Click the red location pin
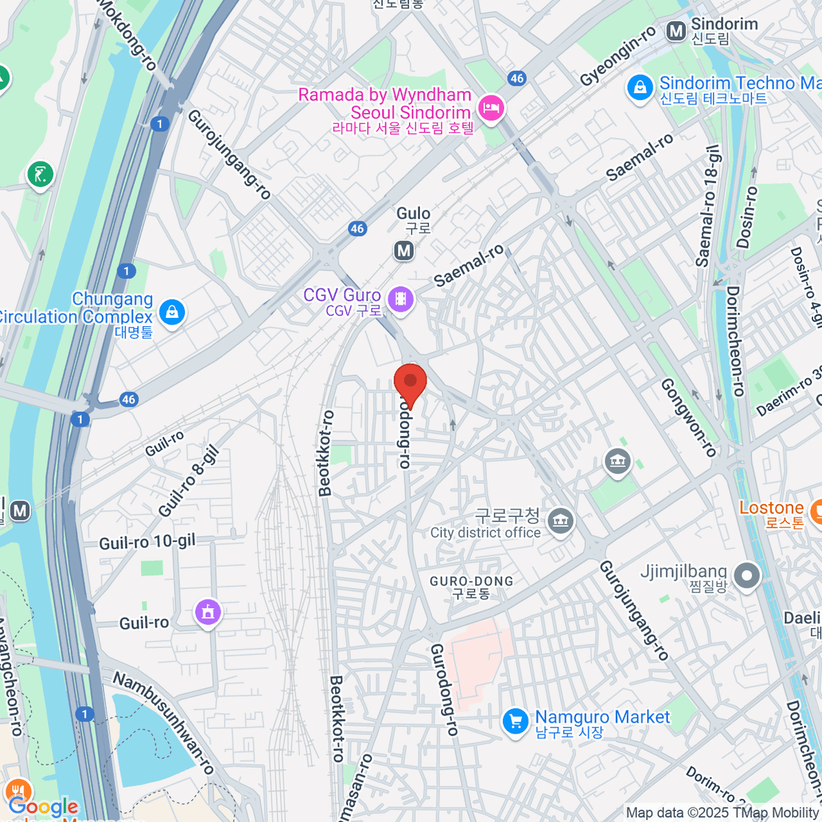pyautogui.click(x=410, y=383)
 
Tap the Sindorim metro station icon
pyautogui.click(x=676, y=31)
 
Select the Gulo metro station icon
pyautogui.click(x=404, y=251)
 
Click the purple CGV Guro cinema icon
pyautogui.click(x=401, y=300)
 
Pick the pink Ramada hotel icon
pyautogui.click(x=491, y=108)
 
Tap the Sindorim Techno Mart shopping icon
pyautogui.click(x=640, y=88)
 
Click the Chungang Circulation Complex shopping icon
pyautogui.click(x=171, y=313)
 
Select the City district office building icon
pyautogui.click(x=561, y=521)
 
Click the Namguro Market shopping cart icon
pyautogui.click(x=515, y=721)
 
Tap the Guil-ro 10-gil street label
pyautogui.click(x=147, y=543)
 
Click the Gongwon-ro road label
pyautogui.click(x=688, y=417)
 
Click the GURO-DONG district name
pyautogui.click(x=471, y=582)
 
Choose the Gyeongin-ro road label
pyautogui.click(x=618, y=58)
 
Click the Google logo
pyautogui.click(x=43, y=806)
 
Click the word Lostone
pyautogui.click(x=771, y=508)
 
